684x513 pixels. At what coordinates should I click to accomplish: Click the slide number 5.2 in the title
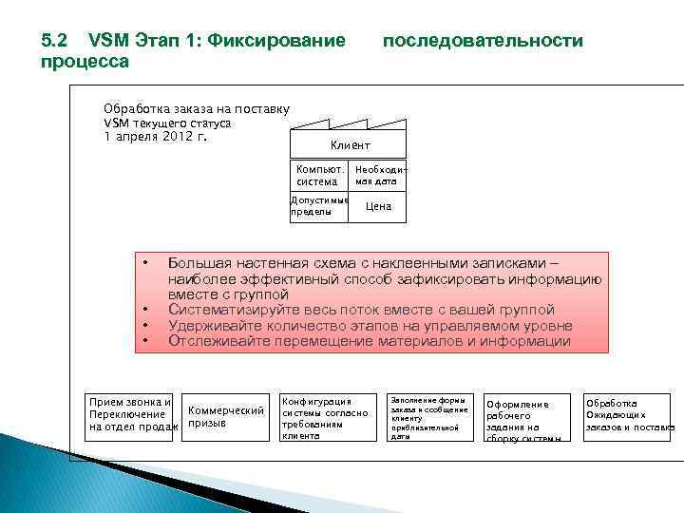tap(54, 41)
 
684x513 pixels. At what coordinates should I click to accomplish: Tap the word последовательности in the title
tap(482, 41)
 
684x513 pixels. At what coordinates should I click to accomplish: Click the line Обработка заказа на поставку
tap(196, 109)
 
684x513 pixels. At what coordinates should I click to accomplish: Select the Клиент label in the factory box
tap(350, 145)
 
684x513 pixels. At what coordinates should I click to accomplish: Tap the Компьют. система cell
tap(317, 175)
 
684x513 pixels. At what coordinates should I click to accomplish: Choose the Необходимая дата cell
tap(376, 175)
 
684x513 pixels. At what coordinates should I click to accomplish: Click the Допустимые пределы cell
tap(318, 206)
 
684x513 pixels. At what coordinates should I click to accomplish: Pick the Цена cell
tap(378, 206)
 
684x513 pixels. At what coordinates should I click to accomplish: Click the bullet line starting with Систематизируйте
tap(361, 310)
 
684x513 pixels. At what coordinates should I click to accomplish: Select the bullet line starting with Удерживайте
tap(370, 325)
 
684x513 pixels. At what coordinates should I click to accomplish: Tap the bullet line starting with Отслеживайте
tap(370, 341)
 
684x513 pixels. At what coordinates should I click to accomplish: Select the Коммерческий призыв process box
tap(226, 416)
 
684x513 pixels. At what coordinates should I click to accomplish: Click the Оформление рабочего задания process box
tap(527, 419)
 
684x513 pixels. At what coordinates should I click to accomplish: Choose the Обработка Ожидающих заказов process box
tap(628, 415)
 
